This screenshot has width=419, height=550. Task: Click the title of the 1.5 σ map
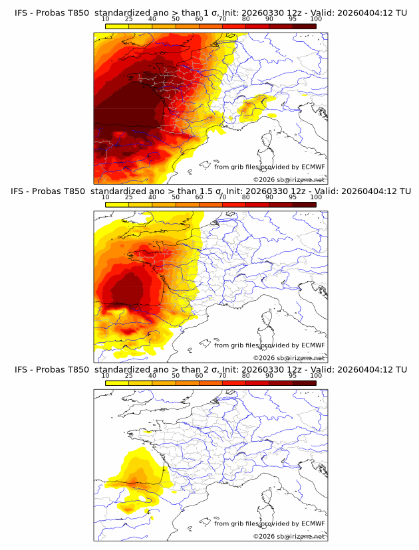209,191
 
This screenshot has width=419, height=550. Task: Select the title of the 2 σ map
209,369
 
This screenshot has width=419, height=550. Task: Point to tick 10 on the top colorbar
106,19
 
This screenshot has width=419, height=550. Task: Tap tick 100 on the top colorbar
316,19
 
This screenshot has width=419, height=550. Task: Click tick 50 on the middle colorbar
176,197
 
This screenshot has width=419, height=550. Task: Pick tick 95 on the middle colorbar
293,197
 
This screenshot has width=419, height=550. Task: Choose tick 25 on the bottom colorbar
129,376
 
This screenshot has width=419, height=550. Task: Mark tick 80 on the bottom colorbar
246,376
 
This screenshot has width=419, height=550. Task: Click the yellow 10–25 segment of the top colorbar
117,26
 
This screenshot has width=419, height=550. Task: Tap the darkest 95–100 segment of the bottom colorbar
304,383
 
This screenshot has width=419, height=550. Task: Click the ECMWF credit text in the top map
269,167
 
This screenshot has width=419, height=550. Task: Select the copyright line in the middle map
289,357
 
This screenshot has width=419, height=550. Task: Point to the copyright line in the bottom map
289,536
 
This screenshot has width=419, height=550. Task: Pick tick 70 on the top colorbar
223,19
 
